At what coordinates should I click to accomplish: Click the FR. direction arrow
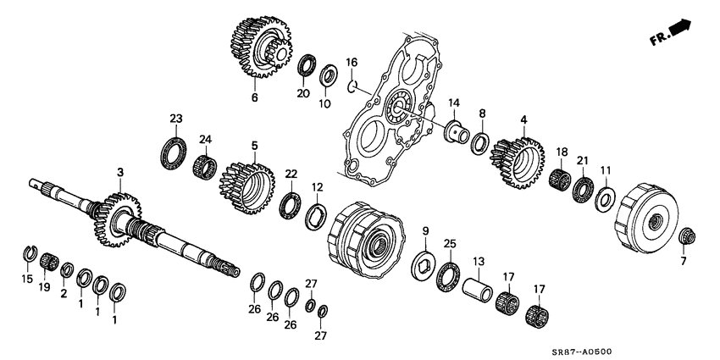(677, 33)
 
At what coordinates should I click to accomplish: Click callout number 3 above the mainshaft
(120, 172)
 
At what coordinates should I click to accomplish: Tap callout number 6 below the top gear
(254, 97)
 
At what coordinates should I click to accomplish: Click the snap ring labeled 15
(28, 251)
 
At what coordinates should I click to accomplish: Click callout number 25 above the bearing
(451, 244)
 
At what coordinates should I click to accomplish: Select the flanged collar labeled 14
(457, 131)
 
